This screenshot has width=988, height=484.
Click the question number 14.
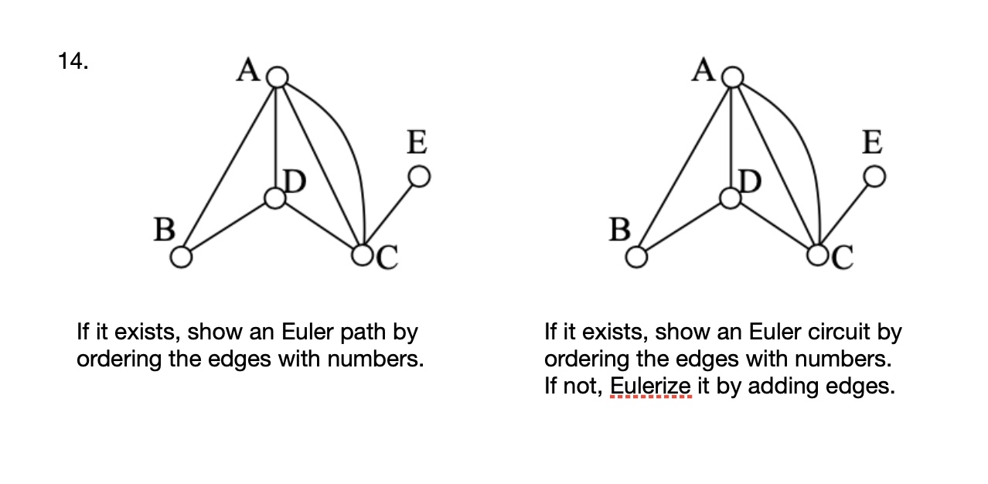point(73,62)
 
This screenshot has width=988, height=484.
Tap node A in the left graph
point(277,77)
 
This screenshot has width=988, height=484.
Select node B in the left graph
point(181,257)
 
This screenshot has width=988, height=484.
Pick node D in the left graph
point(275,199)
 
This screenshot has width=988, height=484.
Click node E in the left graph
point(418,177)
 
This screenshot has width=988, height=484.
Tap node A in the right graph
point(732,77)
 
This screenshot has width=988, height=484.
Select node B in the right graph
point(636,257)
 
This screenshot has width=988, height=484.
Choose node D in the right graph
point(731,199)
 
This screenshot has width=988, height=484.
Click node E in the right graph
point(874,177)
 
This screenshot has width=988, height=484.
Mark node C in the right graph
point(818,254)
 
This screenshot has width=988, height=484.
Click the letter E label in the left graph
point(417,143)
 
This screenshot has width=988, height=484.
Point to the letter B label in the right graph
point(619,230)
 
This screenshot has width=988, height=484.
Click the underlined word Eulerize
point(649,385)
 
